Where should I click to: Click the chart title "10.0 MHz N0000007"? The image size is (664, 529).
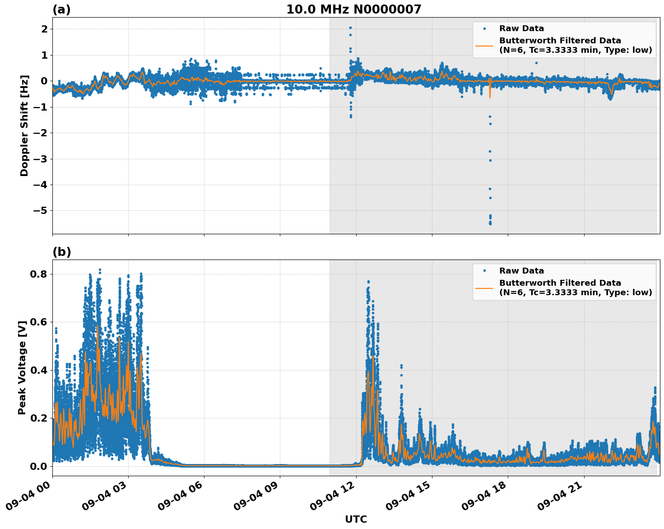353,9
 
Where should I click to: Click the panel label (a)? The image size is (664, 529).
61,9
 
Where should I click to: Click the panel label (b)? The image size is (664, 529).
61,252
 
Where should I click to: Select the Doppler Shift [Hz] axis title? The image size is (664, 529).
24,125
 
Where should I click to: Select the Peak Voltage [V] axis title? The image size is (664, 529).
22,367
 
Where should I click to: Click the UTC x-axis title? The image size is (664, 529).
356,519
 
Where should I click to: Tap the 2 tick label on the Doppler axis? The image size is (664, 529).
45,29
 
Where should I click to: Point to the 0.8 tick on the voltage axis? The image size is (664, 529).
39,274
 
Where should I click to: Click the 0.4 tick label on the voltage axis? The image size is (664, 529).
39,371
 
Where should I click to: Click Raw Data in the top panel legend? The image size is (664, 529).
521,28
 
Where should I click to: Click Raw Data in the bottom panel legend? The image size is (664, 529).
521,271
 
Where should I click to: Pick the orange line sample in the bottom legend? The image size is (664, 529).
484,288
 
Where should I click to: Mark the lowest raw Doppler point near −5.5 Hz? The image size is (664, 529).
490,224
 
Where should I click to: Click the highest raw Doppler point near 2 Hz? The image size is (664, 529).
350,28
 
